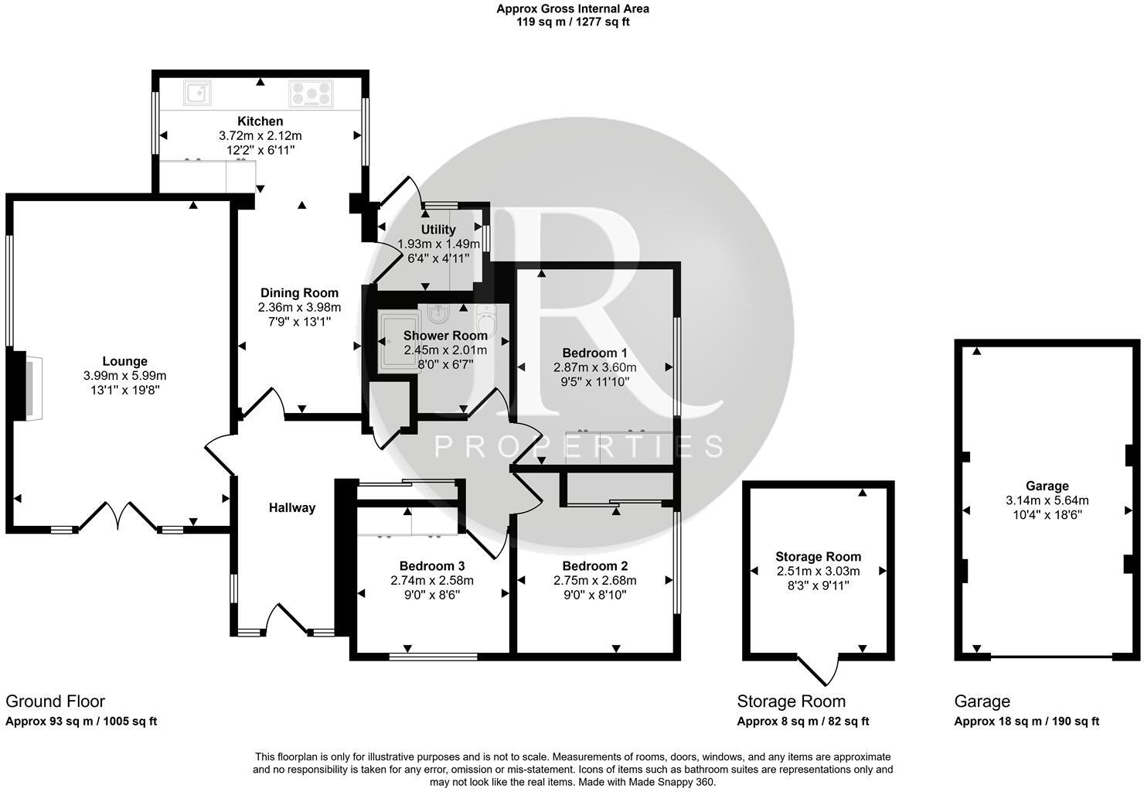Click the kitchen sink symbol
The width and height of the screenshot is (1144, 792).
click(197, 93)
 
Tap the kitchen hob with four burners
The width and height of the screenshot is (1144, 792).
click(311, 94)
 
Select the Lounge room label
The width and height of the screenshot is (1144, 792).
click(124, 361)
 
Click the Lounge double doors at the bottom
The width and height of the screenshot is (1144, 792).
click(117, 516)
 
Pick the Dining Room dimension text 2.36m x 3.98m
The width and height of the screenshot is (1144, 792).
click(299, 307)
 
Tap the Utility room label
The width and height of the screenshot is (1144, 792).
click(438, 230)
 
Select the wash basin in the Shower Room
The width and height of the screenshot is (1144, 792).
click(438, 313)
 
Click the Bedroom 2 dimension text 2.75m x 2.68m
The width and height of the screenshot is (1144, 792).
click(594, 581)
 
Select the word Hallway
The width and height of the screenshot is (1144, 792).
click(292, 508)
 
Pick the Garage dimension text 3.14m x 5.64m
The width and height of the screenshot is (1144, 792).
click(1047, 500)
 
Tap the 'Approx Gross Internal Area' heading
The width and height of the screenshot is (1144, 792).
click(573, 9)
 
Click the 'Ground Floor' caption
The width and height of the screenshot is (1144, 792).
click(55, 702)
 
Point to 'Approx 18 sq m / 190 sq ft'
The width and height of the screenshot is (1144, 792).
click(1027, 722)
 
